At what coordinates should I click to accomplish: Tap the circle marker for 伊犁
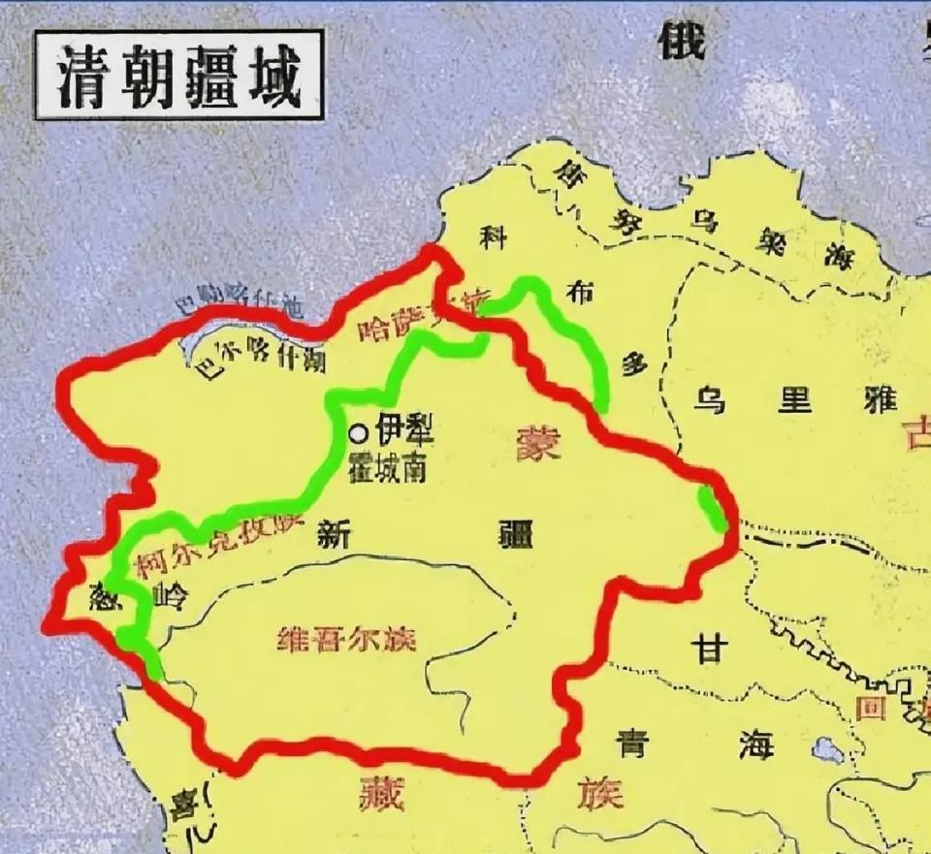tap(359, 433)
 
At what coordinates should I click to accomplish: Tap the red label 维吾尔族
tap(346, 640)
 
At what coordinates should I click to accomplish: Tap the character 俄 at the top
tap(682, 40)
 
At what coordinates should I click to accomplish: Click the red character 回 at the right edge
tap(872, 709)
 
